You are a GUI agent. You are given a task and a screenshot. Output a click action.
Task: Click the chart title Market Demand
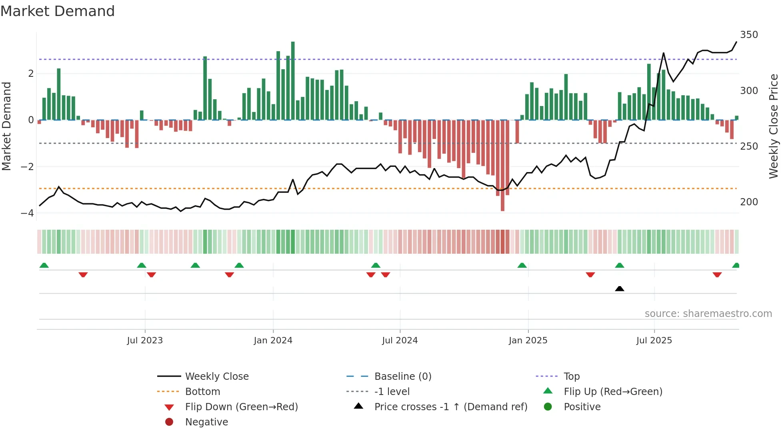coord(58,11)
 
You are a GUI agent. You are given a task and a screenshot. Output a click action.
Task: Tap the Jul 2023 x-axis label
coord(145,341)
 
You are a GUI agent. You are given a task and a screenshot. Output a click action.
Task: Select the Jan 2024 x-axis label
coord(273,341)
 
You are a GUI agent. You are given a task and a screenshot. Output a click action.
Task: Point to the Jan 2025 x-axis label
coord(528,341)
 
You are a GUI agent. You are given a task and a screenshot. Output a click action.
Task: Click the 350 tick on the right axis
coord(749,35)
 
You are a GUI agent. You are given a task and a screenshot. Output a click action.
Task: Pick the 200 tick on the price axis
coord(749,202)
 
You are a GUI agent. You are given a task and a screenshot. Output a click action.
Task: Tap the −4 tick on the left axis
coord(27,213)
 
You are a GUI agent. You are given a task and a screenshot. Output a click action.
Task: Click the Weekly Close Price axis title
coord(774,126)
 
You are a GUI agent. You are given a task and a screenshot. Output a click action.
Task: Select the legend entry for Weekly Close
coord(216,377)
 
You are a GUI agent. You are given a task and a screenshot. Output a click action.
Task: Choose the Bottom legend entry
coord(202,392)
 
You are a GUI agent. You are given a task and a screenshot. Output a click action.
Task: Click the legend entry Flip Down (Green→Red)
coord(241,407)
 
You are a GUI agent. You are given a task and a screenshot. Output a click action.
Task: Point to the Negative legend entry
coord(206,422)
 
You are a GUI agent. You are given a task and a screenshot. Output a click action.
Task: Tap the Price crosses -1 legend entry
coord(450,407)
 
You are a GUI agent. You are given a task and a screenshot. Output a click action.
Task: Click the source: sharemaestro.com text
coord(708,314)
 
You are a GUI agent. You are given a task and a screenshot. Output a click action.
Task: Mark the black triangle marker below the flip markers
coord(619,289)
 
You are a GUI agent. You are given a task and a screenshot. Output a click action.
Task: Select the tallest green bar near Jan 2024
coord(293,80)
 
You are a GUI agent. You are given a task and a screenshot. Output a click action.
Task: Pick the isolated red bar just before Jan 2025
coord(517,131)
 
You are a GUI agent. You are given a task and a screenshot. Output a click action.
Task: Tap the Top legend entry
coord(571,377)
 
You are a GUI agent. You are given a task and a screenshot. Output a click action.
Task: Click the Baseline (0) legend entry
coord(402,377)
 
